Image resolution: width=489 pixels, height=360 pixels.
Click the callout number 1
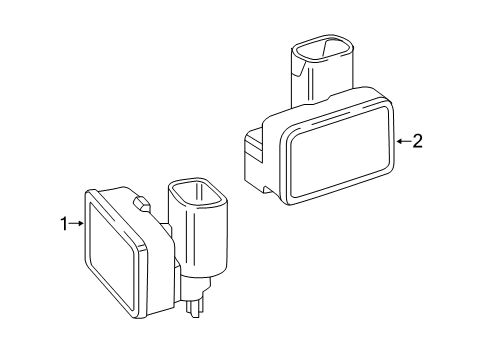point(64,224)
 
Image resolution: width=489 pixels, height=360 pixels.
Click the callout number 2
point(417,141)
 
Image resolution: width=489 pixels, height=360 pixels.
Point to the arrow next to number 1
point(76,224)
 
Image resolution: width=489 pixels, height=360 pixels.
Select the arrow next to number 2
point(404,141)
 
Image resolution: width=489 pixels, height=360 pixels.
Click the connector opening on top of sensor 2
point(322,50)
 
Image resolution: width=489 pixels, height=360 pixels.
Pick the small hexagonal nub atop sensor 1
point(142,203)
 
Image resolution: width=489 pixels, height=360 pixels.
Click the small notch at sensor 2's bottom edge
point(267,190)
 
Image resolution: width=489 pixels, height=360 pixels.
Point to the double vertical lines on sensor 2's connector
point(310,84)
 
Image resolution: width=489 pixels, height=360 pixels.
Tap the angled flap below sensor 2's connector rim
point(298,69)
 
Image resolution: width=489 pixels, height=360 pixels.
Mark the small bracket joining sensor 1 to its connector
point(168,229)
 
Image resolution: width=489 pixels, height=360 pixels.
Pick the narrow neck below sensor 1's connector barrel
point(196,287)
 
